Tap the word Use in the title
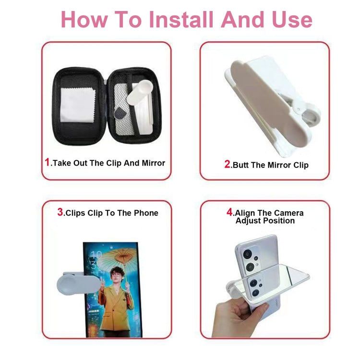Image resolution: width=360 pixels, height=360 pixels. tap(290, 19)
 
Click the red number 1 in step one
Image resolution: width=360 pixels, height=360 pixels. tap(47, 162)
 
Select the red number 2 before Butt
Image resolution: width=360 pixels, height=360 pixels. tap(228, 164)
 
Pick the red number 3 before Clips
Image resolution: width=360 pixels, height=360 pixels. tap(60, 212)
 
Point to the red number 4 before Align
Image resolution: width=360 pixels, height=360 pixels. tap(230, 212)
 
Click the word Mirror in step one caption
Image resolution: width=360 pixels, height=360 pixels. tap(153, 163)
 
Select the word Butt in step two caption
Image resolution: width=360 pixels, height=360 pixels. tap(241, 165)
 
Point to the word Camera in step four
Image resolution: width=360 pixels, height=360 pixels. tap(288, 213)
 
